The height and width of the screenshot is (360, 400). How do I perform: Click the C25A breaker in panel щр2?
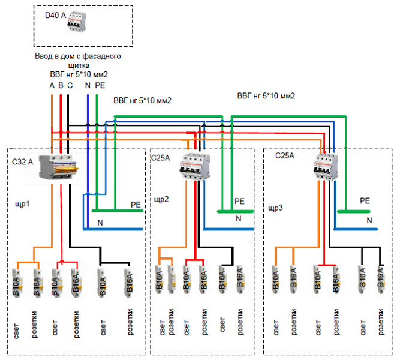197,165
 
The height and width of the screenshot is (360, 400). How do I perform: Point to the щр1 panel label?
22,204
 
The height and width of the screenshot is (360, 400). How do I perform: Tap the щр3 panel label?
276,209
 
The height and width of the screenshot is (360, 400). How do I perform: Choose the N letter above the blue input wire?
88,85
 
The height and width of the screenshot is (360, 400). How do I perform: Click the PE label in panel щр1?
136,205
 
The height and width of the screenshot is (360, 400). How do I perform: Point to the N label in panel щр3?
369,221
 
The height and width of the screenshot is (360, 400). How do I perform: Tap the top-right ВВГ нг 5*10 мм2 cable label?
266,95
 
